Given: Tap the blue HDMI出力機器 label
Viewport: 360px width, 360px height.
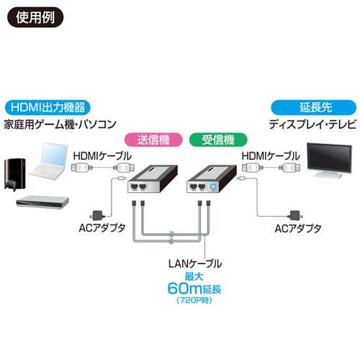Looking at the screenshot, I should tap(47, 108).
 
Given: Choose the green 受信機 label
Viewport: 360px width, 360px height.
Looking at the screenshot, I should tap(213, 138).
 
